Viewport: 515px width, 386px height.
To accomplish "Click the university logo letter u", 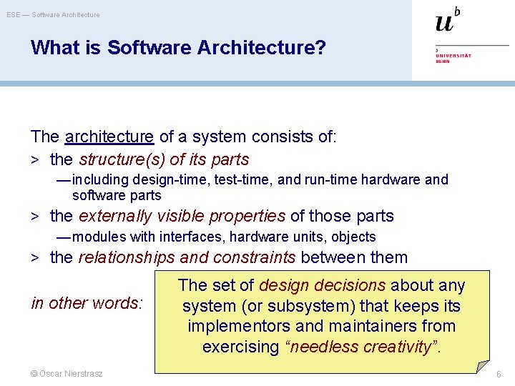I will [x=444, y=22].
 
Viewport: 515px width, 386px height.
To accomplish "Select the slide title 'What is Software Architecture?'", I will [x=178, y=48].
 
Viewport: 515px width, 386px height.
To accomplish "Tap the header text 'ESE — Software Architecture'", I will [x=54, y=14].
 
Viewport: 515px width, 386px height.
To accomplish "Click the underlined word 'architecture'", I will [x=109, y=136].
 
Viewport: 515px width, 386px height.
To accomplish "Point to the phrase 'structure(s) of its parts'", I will [x=164, y=159].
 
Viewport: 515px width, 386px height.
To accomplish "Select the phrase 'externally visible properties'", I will [x=182, y=216].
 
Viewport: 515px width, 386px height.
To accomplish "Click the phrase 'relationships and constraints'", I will [x=187, y=257].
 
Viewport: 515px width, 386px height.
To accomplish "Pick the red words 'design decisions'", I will [x=322, y=286].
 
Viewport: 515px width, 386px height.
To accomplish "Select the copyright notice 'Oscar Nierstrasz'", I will [x=67, y=374].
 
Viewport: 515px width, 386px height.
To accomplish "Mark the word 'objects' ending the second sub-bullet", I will [x=353, y=237].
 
